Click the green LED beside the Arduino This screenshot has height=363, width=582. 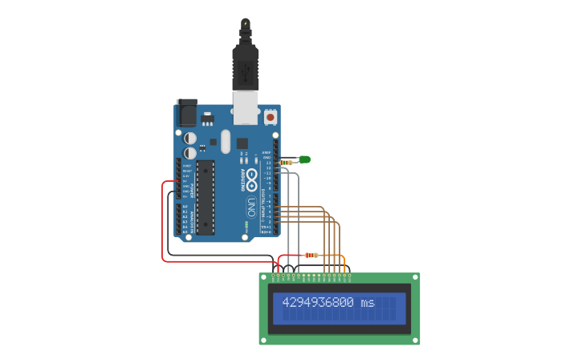pos(304,159)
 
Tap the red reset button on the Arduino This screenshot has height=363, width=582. pos(271,117)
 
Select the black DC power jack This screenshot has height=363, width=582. pos(187,113)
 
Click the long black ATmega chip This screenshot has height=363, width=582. pos(206,196)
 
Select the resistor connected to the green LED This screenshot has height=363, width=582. pos(287,162)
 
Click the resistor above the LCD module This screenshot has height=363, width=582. pos(311,255)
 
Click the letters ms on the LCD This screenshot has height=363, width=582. pos(368,303)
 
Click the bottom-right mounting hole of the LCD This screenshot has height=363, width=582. pos(415,341)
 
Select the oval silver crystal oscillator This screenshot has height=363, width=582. pos(226,141)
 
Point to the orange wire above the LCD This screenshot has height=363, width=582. pos(344,260)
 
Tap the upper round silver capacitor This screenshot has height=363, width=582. pos(190,138)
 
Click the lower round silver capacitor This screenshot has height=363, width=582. pos(190,152)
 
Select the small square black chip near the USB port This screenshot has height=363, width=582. pos(242,143)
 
